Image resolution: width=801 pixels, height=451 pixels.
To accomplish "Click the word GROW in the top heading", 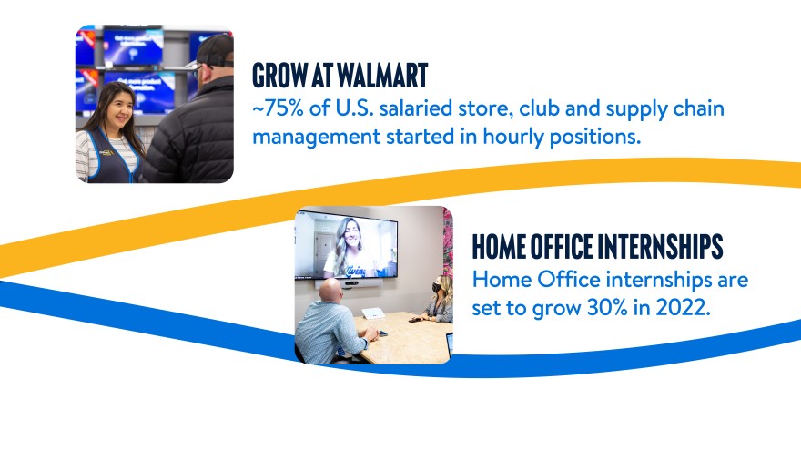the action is point(279,76).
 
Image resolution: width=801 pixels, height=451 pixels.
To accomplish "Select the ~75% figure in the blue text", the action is point(278,108).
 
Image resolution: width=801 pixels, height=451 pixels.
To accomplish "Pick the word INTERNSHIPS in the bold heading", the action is point(660,247).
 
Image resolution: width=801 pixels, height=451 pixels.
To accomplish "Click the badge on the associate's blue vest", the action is point(106,152).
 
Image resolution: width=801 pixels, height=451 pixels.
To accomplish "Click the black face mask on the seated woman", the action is point(437,287).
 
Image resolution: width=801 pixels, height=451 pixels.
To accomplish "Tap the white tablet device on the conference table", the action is point(373,313).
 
